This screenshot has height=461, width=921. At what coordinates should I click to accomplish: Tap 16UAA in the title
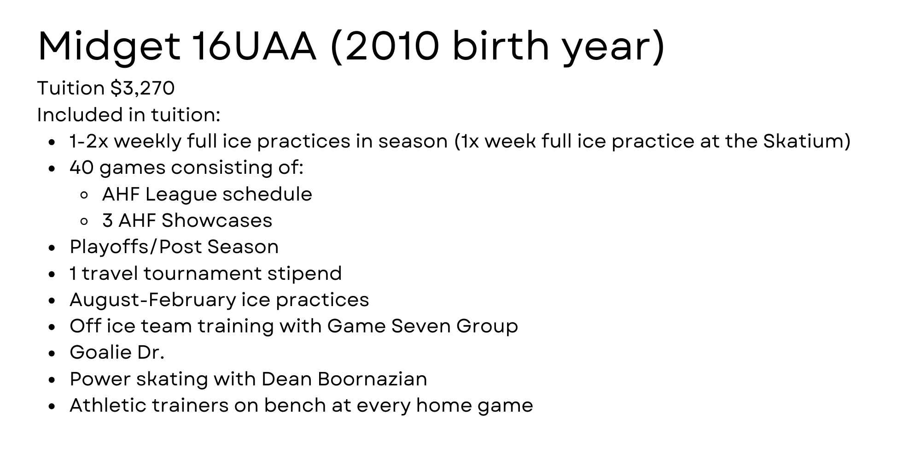coord(254,46)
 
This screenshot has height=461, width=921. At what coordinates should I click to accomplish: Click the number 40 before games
coord(82,168)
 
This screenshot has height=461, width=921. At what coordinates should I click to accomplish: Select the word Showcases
coord(217,221)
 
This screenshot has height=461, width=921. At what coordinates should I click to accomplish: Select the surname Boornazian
coord(372,379)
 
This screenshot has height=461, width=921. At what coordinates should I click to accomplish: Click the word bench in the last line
coord(291,406)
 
